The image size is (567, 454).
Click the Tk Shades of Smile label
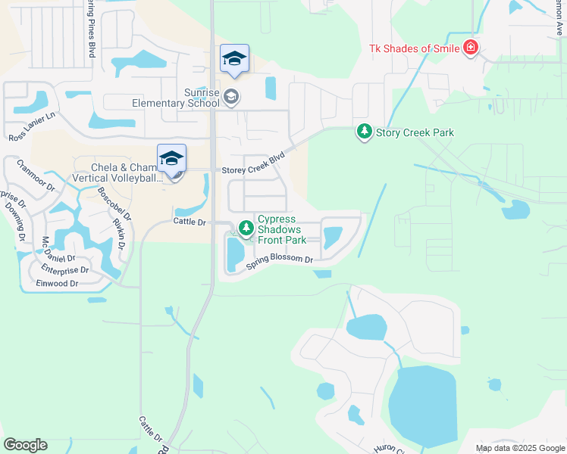(x=415, y=48)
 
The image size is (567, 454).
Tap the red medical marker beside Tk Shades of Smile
(x=471, y=48)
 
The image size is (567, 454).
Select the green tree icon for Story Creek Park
(x=365, y=132)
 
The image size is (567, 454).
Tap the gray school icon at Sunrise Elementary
(x=232, y=97)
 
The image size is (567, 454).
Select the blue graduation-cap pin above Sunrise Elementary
(x=234, y=58)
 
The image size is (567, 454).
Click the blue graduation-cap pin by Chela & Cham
(x=172, y=157)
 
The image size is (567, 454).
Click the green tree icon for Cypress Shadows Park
(x=246, y=227)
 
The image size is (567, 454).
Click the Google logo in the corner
(x=25, y=445)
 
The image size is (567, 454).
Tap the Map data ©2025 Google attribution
(x=519, y=448)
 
